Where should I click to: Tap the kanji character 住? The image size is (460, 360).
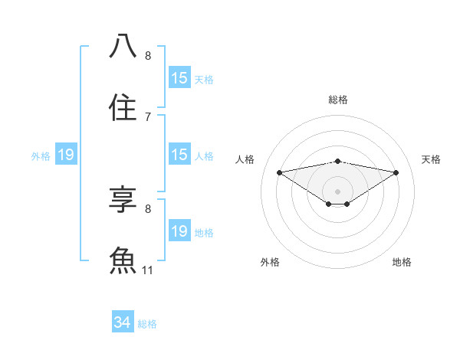point(123,106)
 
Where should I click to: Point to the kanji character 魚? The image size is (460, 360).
point(123,260)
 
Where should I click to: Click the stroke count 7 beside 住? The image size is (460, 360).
point(148,116)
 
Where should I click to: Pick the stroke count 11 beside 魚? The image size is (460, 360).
point(148,270)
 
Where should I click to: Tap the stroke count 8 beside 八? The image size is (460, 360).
point(148,56)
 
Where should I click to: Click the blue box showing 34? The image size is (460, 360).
point(122,322)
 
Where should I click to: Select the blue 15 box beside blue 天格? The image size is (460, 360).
point(179,78)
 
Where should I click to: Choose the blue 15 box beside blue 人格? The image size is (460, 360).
point(179,155)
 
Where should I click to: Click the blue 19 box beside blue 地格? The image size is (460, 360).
point(179,231)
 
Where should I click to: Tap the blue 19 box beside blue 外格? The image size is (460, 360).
point(66,155)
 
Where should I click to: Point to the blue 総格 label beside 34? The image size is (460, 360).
point(147,324)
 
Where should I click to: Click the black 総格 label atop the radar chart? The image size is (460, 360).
point(338,100)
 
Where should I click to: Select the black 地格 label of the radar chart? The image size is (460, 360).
point(402,262)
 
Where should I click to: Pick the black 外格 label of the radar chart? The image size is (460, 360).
point(270,262)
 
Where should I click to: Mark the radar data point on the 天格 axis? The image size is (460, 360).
point(396,172)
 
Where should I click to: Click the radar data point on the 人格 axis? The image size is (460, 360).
point(280,172)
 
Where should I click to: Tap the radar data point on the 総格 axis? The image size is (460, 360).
point(338,161)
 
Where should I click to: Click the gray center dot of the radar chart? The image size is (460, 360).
point(338,191)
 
